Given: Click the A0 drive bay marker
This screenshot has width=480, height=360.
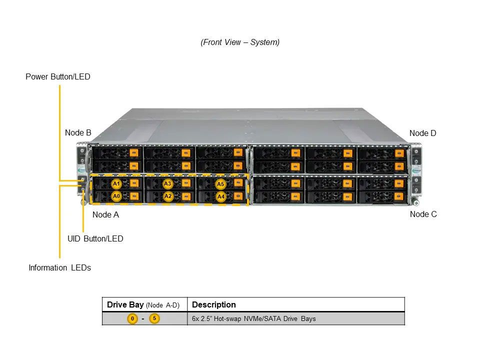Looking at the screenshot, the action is [116, 196].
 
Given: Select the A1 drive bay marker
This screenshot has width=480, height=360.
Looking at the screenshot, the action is [116, 183].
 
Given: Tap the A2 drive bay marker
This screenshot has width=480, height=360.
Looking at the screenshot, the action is [168, 196].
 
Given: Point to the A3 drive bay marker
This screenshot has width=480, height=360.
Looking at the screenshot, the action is [167, 183].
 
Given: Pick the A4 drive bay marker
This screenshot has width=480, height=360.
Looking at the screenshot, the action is [220, 196].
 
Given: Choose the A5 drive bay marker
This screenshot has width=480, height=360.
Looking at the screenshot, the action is [220, 184].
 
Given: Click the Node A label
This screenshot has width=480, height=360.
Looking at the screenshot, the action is [105, 215].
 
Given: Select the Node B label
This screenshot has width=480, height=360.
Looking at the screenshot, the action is [78, 133].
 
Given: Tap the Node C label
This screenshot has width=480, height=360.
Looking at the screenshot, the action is [423, 214].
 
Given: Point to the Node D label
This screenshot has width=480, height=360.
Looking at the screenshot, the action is [423, 133].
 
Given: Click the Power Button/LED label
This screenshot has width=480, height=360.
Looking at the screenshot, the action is [58, 76].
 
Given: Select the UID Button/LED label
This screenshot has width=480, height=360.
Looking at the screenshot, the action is [95, 239].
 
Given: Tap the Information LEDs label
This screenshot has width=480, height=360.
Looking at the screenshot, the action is [59, 268].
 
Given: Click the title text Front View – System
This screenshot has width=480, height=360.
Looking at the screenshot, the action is [240, 42].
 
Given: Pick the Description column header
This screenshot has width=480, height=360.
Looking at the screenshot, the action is [213, 304].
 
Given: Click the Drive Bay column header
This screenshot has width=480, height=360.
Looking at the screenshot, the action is [143, 305].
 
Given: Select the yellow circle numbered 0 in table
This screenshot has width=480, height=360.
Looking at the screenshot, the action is [132, 318].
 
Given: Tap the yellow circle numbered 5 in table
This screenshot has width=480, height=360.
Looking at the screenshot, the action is [154, 318].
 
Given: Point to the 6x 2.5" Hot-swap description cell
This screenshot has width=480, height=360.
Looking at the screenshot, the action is [254, 318].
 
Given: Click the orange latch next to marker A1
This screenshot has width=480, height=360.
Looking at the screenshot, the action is [134, 183].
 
